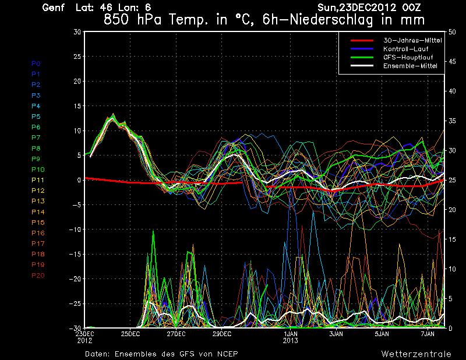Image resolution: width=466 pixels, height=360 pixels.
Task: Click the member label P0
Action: pos(36,63)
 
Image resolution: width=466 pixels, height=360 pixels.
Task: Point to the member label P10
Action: pos(37,170)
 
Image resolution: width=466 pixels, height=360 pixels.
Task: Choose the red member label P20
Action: pos(37,276)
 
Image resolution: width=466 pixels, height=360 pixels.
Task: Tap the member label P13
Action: pos(37,201)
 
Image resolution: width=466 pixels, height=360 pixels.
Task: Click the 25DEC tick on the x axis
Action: pos(130,334)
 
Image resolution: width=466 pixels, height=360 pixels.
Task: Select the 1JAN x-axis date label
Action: pos(291,334)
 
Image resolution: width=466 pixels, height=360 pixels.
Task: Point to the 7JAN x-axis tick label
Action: pos(428,334)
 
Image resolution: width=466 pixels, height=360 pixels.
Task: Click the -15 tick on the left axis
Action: pos(76,255)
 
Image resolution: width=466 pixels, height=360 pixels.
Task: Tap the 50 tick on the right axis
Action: pos(450,31)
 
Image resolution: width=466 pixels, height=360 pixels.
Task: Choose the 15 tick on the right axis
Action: pos(450,239)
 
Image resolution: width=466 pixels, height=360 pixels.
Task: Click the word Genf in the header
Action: pos(54,8)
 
